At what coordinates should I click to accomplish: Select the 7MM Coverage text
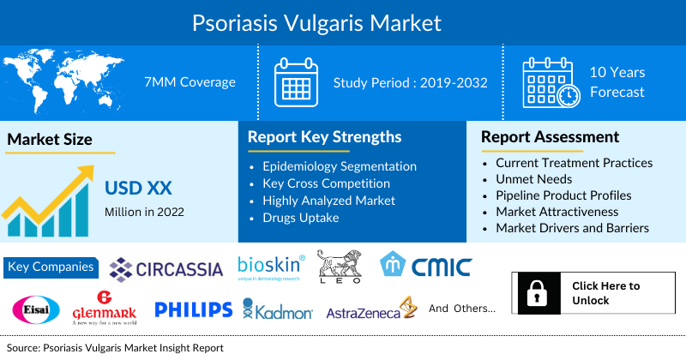(190, 82)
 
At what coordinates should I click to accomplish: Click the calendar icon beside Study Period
(296, 83)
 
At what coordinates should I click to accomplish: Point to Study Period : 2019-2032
(411, 83)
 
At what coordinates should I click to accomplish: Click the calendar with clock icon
(551, 83)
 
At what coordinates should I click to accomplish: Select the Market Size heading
(50, 139)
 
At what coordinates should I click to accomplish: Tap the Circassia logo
(166, 268)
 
